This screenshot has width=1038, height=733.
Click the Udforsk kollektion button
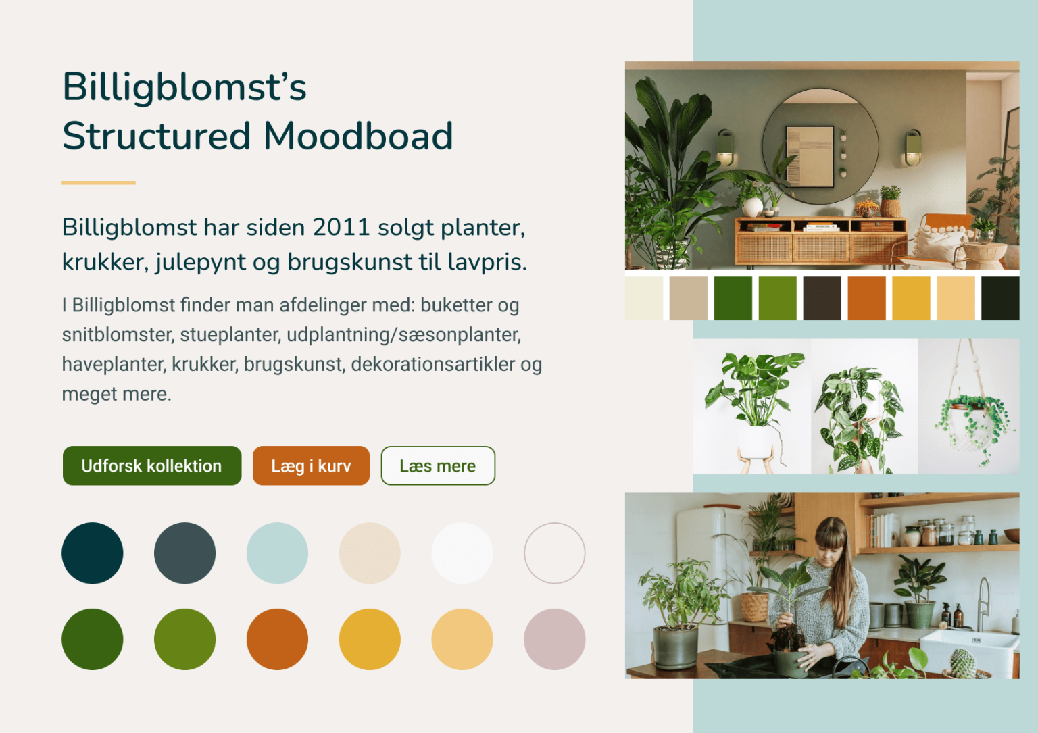pyautogui.click(x=151, y=465)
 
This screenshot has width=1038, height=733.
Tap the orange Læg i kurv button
pyautogui.click(x=311, y=465)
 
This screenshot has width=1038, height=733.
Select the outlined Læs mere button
pyautogui.click(x=438, y=465)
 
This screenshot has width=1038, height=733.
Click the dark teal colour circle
pyautogui.click(x=93, y=553)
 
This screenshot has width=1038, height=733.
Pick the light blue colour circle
pyautogui.click(x=277, y=553)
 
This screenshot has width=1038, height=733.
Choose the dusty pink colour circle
pyautogui.click(x=554, y=639)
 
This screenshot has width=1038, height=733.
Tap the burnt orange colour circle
pyautogui.click(x=277, y=639)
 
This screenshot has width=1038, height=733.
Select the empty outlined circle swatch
pyautogui.click(x=554, y=553)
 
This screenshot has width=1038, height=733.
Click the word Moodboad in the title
pyautogui.click(x=357, y=136)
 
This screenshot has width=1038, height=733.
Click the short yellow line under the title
pyautogui.click(x=99, y=182)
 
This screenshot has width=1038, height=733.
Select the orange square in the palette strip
pyautogui.click(x=866, y=298)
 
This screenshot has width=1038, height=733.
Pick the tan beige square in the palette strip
pyautogui.click(x=688, y=298)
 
